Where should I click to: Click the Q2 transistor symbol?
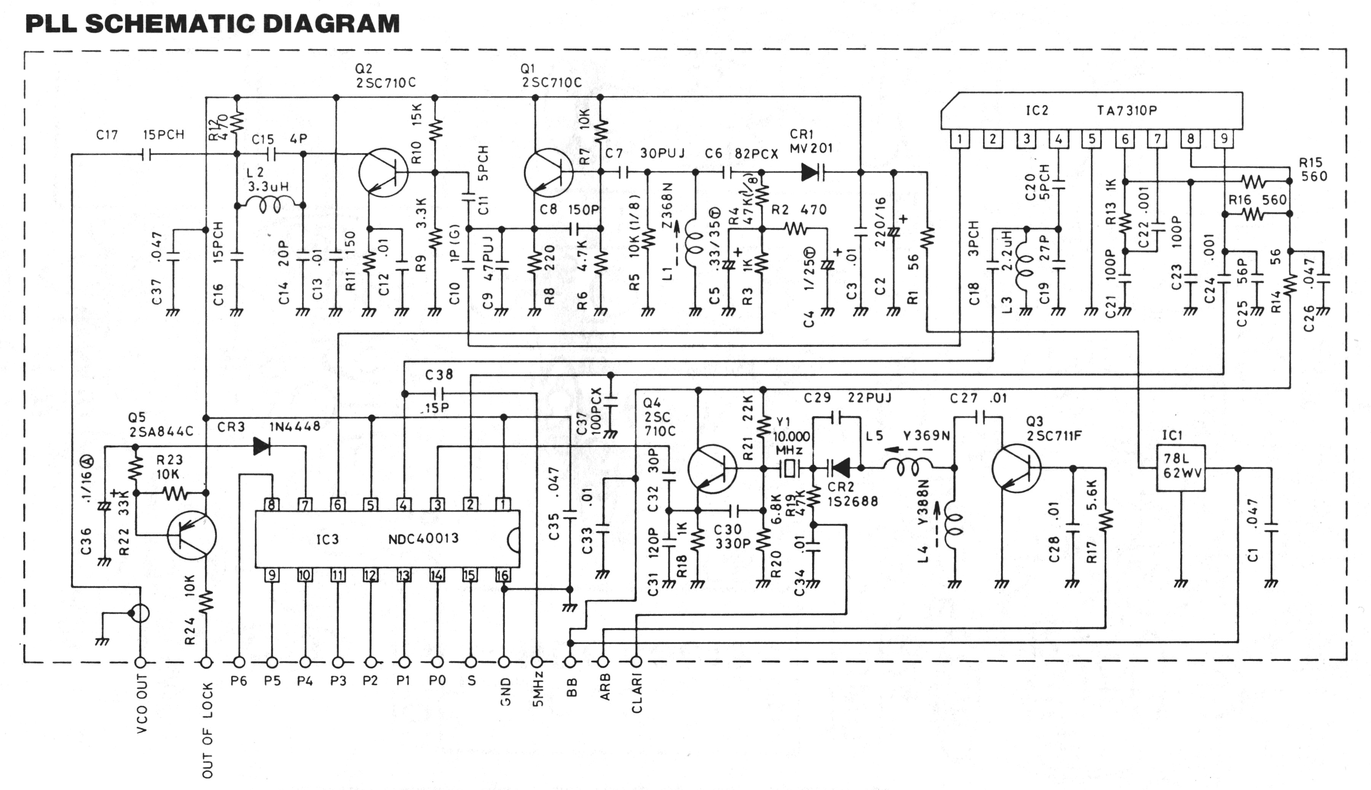tap(383, 173)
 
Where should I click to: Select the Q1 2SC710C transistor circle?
tap(548, 173)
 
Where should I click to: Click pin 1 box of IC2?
tap(960, 139)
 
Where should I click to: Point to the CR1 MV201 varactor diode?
tap(812, 173)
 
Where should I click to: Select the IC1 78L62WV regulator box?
tap(1180, 468)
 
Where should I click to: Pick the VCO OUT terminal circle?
tap(140, 663)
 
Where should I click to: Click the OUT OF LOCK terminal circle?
tap(207, 663)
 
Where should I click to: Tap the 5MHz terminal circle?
tap(537, 663)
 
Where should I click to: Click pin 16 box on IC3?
tap(503, 575)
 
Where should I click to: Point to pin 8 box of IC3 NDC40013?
tap(271, 505)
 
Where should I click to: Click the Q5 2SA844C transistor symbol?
tap(192, 536)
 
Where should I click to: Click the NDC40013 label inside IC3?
tap(423, 539)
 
